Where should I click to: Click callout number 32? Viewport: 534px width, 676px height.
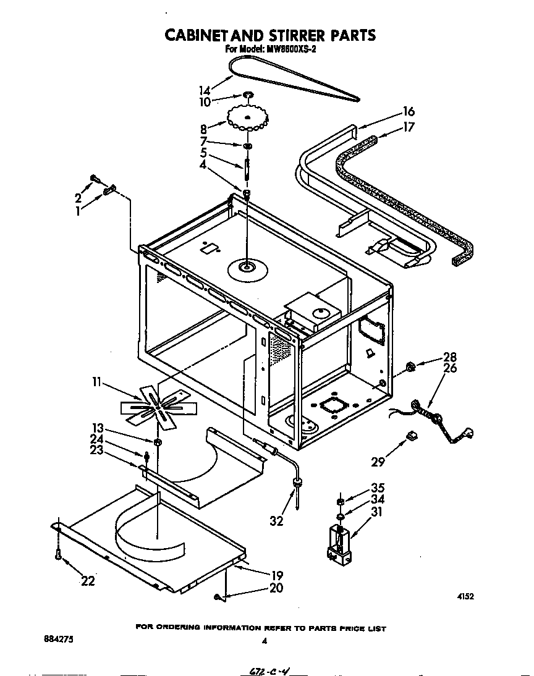[x=276, y=521]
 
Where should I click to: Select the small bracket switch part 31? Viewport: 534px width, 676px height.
[x=339, y=544]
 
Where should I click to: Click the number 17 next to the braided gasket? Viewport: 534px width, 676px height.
[x=409, y=128]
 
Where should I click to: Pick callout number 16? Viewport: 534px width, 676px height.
[x=409, y=112]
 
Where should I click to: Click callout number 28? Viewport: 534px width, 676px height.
[x=449, y=358]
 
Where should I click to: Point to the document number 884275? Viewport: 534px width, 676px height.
[x=58, y=641]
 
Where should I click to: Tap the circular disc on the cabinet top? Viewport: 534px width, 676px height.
[x=246, y=268]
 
